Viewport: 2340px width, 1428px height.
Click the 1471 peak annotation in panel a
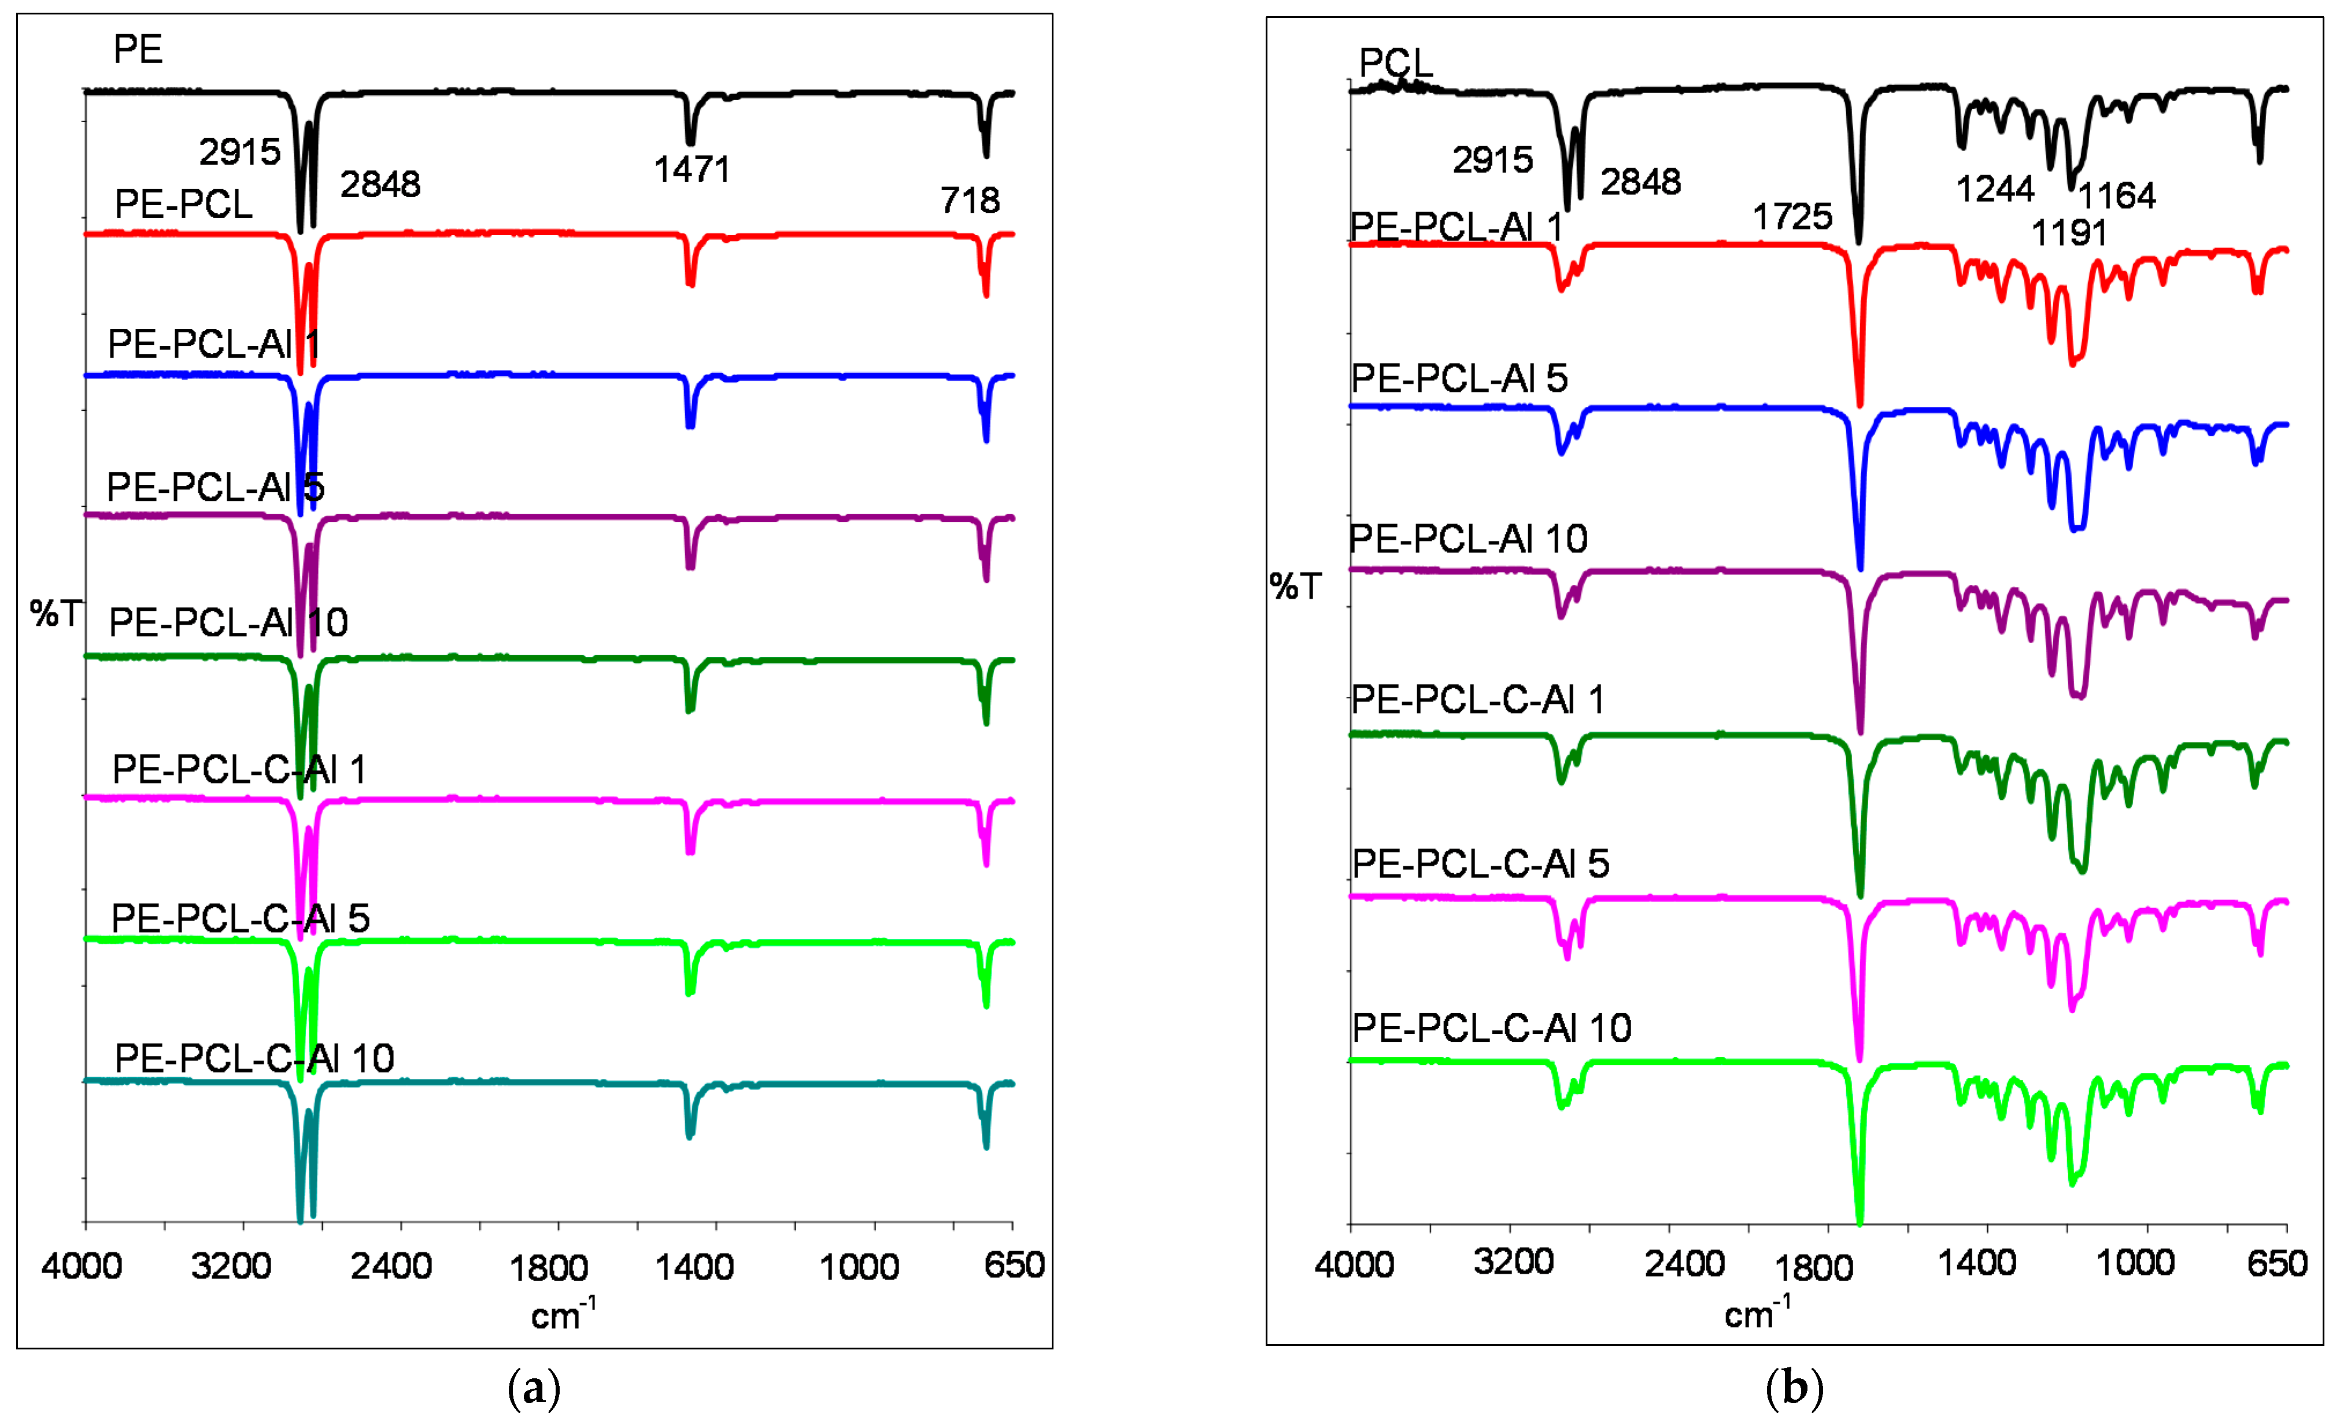(x=692, y=170)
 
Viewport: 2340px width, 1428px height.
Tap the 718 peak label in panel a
(x=970, y=201)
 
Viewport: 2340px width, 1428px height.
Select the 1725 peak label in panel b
(x=1792, y=217)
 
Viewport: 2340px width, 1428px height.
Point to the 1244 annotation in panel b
(x=1994, y=190)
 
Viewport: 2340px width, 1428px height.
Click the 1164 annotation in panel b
(x=2117, y=195)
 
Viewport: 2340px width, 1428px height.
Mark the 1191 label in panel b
(x=2068, y=233)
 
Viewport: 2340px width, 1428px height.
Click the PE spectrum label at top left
(x=138, y=49)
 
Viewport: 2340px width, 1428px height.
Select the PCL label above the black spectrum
(x=1395, y=64)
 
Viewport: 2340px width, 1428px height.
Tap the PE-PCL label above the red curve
(x=183, y=204)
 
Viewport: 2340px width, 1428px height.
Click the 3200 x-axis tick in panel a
(x=231, y=1267)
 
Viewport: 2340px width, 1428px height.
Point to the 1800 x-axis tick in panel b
(x=1814, y=1267)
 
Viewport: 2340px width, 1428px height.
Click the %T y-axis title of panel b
(x=1295, y=587)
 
